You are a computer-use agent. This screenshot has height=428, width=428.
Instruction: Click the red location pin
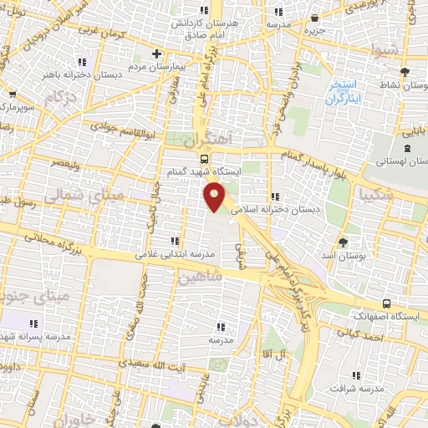coord(215,196)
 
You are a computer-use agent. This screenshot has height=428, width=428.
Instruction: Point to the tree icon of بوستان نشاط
coord(404,72)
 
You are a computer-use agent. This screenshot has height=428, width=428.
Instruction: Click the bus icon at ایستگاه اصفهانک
coord(385,303)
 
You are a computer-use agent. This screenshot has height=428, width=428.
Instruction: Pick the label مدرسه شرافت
coord(354,389)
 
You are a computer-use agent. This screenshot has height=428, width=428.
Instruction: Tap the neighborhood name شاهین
coord(198,278)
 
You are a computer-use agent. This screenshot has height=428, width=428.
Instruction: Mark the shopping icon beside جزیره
coord(314,18)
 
